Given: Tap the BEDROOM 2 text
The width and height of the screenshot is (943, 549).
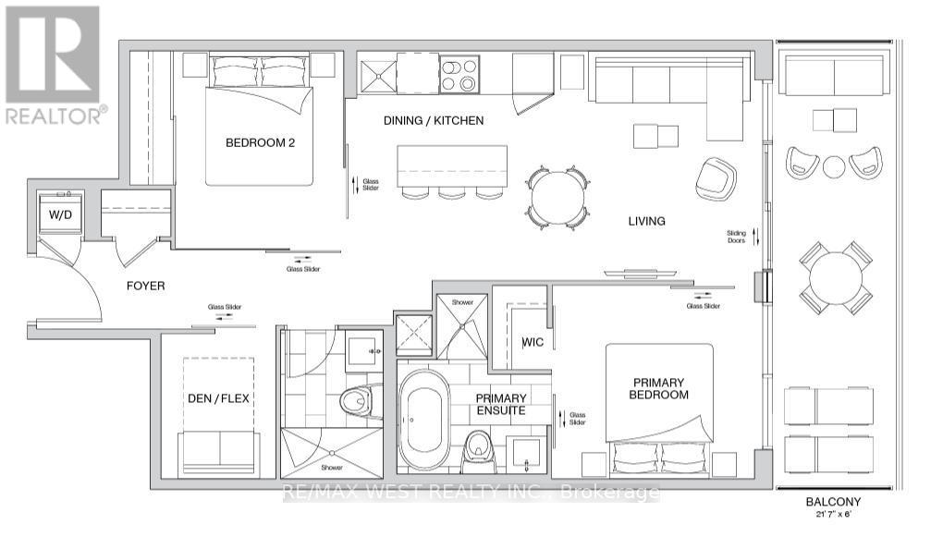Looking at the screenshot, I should tap(260, 142).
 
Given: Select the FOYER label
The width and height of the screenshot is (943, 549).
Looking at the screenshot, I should tap(146, 286).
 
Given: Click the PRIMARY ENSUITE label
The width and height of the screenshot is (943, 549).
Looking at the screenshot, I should tap(501, 404).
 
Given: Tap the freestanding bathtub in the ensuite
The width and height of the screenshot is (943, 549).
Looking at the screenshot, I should tap(424, 415).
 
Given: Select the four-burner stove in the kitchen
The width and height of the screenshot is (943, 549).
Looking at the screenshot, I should tap(459, 74).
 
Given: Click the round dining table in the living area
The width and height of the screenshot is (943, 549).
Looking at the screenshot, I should tap(557, 197).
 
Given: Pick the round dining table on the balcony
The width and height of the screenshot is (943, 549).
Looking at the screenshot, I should tap(836, 277).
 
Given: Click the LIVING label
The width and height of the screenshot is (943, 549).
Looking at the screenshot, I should tap(646, 221).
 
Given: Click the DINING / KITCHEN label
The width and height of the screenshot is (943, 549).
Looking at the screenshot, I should tap(434, 121).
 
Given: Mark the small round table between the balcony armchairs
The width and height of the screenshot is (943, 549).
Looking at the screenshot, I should tap(834, 167).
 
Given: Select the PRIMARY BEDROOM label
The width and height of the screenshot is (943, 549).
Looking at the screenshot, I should tap(660, 388).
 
